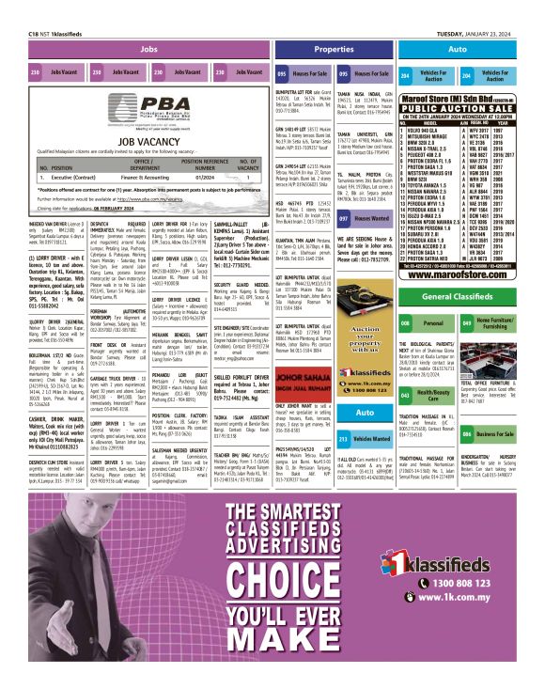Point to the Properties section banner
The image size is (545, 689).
point(334,48)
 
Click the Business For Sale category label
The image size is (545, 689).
point(500,434)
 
